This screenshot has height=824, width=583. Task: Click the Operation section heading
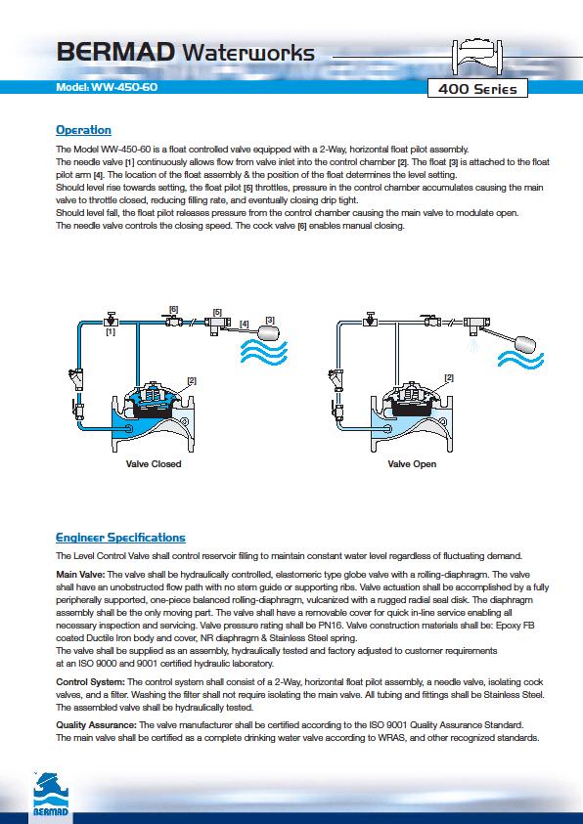(83, 130)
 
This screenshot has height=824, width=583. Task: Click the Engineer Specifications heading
(120, 538)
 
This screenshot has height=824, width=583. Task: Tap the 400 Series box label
(476, 89)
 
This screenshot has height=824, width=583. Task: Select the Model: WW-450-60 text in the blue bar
(107, 87)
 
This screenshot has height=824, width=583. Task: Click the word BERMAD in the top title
(115, 53)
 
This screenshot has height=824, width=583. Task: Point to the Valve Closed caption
(154, 464)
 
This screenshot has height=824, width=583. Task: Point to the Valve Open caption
(412, 464)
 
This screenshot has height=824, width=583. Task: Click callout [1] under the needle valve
(111, 332)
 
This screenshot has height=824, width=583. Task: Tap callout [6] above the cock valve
(173, 309)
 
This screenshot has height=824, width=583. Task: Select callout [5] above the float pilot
(217, 312)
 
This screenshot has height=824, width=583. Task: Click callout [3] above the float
(270, 320)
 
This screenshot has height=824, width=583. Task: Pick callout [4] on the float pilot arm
(245, 325)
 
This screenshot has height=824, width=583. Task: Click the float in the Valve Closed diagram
(272, 332)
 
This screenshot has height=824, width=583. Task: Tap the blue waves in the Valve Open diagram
(521, 360)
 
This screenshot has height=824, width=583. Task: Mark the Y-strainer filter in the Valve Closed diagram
(76, 378)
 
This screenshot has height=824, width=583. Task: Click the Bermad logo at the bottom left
(51, 794)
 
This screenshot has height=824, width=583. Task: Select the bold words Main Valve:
(80, 575)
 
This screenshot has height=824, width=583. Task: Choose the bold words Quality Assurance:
(96, 725)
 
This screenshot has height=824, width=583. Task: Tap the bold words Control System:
(90, 682)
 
